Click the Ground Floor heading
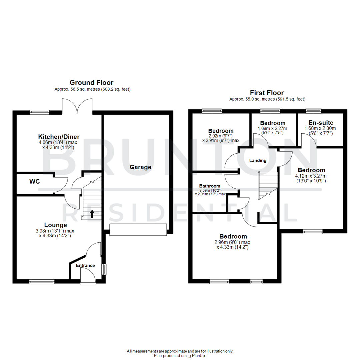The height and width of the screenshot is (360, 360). [x=91, y=82]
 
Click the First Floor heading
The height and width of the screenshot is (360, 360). [x=267, y=93]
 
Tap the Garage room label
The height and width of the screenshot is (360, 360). [x=141, y=167]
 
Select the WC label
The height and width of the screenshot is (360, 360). [x=34, y=182]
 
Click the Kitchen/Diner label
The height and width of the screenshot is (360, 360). [x=59, y=137]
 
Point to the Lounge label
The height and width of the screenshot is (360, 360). [x=56, y=225]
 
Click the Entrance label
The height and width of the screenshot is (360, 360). [x=85, y=266]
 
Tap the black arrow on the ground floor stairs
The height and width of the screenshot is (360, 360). [x=92, y=214]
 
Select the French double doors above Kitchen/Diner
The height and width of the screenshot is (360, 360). [x=77, y=106]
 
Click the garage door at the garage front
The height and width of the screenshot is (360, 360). [x=138, y=230]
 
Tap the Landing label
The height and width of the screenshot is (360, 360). [x=258, y=160]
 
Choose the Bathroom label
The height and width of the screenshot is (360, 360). [x=210, y=186]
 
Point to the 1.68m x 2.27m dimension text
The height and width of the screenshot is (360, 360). [x=273, y=128]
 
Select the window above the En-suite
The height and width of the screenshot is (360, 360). [x=314, y=110]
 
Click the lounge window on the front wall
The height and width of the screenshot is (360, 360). [x=42, y=282]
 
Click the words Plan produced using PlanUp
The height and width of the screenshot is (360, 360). [x=180, y=356]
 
